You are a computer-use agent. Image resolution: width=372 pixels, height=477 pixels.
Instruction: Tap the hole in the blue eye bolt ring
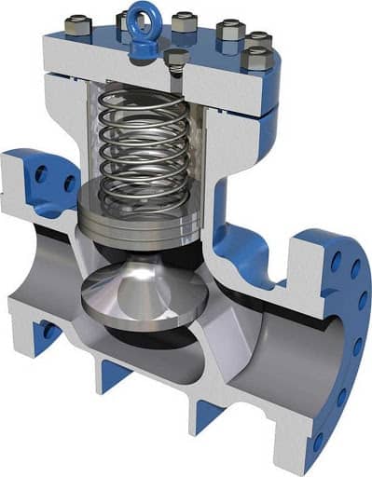pos(145,14)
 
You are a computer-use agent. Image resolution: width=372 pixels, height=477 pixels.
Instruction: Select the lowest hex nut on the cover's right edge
pos(253,60)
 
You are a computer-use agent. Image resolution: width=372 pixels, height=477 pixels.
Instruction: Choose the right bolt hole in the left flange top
pos(69,184)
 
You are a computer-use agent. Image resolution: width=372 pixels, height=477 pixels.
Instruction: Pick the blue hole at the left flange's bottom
pos(47,331)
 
